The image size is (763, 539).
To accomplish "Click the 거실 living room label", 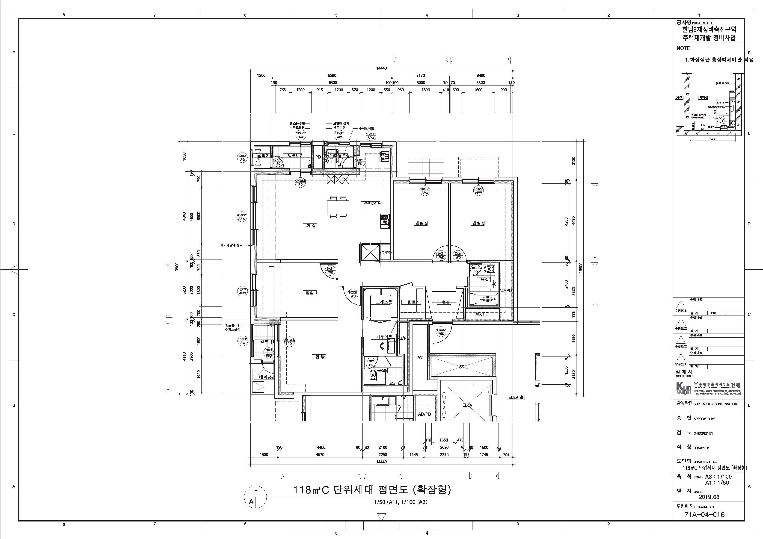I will tap(311, 226).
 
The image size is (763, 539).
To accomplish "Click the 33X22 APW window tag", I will tap(242, 217).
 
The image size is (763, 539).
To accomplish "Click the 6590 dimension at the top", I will tap(332, 75).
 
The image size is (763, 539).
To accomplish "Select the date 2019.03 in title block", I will tap(709, 497).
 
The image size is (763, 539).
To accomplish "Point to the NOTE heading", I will tap(683, 48).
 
